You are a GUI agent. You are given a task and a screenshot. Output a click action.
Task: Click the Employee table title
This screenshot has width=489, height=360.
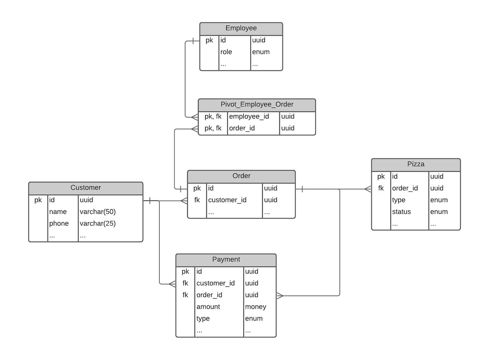click(241, 28)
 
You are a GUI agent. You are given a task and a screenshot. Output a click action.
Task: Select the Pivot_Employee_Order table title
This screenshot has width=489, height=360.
click(257, 105)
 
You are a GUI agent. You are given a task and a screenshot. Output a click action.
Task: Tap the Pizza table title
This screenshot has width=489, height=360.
click(416, 164)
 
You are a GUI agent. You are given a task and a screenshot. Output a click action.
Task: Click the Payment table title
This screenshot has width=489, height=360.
click(226, 259)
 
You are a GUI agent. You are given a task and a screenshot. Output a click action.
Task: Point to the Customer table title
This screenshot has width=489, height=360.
click(86, 188)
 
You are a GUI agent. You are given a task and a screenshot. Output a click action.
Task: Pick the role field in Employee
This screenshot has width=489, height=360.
click(226, 52)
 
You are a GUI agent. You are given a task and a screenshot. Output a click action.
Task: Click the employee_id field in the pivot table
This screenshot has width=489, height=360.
click(249, 116)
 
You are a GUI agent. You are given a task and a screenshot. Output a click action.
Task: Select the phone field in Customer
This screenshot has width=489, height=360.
click(59, 224)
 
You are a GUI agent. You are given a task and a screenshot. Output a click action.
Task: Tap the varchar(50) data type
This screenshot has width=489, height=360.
click(97, 212)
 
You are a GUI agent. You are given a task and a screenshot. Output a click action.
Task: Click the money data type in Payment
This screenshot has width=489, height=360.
click(255, 307)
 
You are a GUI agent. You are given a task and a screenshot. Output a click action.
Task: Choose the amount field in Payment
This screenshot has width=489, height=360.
click(208, 307)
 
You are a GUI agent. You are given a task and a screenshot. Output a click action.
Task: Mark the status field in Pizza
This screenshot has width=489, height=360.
click(401, 212)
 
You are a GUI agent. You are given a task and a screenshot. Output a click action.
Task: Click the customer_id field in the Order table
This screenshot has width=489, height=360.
click(227, 200)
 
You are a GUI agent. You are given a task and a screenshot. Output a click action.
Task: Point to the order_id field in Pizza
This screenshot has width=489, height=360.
click(405, 188)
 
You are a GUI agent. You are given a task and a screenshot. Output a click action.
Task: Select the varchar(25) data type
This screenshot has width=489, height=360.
click(97, 224)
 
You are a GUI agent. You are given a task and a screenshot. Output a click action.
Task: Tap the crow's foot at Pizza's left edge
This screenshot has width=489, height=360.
click(368, 189)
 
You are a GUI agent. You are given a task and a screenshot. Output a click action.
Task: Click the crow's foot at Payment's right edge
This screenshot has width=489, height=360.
click(280, 296)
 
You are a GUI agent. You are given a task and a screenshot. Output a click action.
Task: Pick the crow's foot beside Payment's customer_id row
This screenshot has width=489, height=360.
click(172, 284)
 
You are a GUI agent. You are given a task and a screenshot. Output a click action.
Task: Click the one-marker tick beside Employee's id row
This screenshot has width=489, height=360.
click(193, 41)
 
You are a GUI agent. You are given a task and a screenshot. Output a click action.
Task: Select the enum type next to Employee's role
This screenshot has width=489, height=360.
click(261, 52)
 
